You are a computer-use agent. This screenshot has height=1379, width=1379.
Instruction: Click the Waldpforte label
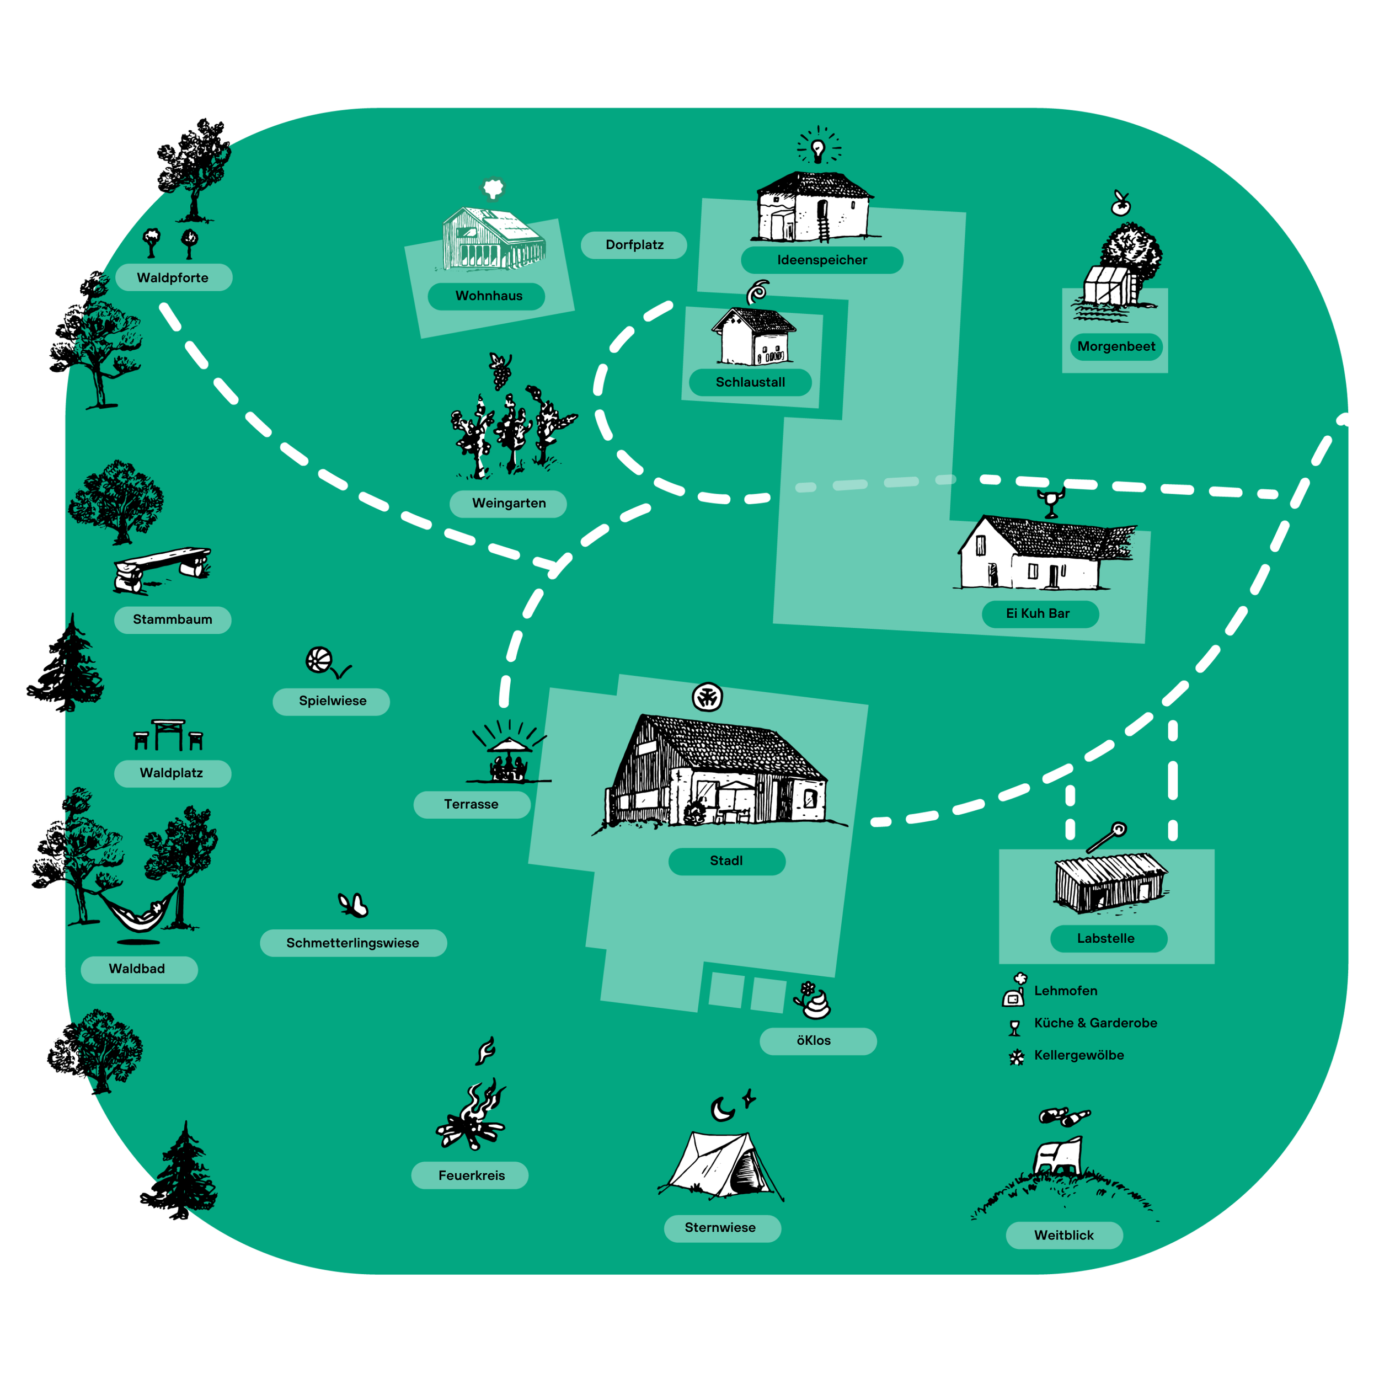tap(173, 277)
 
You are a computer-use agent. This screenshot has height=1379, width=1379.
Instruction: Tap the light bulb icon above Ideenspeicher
tap(818, 149)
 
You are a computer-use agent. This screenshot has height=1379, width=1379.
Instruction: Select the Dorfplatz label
tap(634, 245)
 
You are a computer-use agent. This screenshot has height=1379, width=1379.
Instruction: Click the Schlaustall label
tap(750, 383)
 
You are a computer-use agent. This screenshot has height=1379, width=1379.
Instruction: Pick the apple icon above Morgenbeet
tap(1121, 205)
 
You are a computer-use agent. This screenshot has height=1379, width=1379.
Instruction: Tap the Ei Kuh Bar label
tap(1039, 614)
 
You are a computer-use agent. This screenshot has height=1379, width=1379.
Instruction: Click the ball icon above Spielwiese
tap(319, 660)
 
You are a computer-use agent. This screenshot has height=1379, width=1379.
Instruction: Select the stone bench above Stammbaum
tap(163, 568)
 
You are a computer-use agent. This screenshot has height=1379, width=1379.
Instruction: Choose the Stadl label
tap(726, 861)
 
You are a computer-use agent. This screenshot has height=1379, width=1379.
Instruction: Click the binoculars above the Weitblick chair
tap(1064, 1116)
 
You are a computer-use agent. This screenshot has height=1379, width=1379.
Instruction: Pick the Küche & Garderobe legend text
tap(1095, 1023)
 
